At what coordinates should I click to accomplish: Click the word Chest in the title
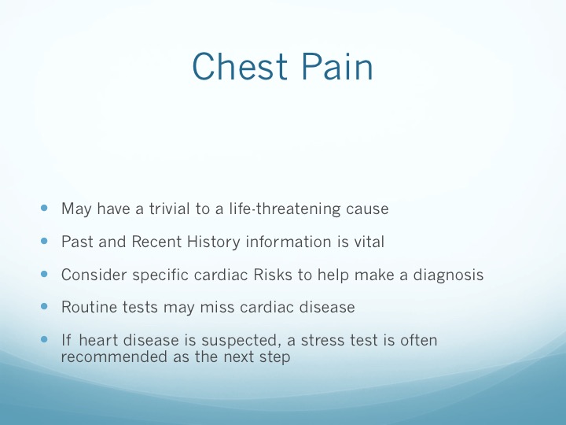pos(240,66)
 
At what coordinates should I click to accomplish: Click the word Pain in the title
pos(337,66)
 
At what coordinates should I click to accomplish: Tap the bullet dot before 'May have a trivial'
pos(44,208)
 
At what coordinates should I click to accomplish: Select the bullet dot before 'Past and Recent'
pos(44,241)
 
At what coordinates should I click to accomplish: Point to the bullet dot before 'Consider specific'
pos(44,274)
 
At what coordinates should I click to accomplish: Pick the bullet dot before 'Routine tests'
pos(44,306)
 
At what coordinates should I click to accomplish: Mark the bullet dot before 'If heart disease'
pos(44,339)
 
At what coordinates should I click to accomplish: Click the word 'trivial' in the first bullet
pos(169,209)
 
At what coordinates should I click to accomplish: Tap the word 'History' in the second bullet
pos(213,242)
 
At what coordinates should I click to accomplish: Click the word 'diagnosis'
pos(448,275)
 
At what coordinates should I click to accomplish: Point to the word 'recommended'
pos(114,357)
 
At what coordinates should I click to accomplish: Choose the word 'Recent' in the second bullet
pos(156,242)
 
